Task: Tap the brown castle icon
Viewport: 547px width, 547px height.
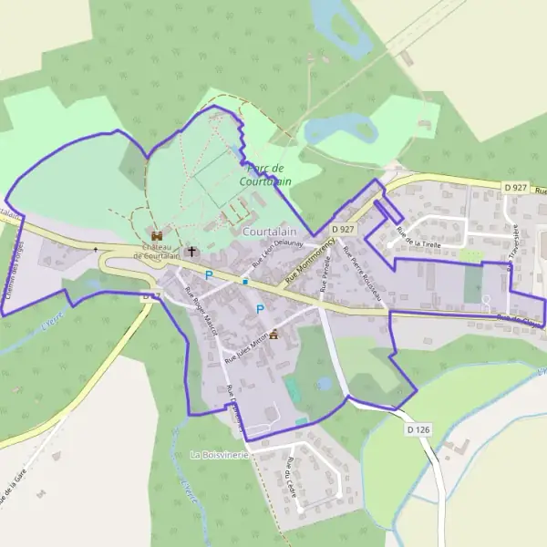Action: (157, 236)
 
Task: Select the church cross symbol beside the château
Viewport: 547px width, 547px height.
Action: (191, 251)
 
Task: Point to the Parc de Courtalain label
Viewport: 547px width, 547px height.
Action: (265, 174)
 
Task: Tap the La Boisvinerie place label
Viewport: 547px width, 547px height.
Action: (219, 454)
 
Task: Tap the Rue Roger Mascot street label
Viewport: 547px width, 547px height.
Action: (198, 311)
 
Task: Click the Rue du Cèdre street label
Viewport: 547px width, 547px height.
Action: (289, 473)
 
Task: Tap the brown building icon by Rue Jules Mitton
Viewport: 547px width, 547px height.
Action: (273, 332)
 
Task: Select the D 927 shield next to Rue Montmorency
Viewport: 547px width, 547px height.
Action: (342, 229)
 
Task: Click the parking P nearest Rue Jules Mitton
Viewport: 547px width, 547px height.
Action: (260, 309)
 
